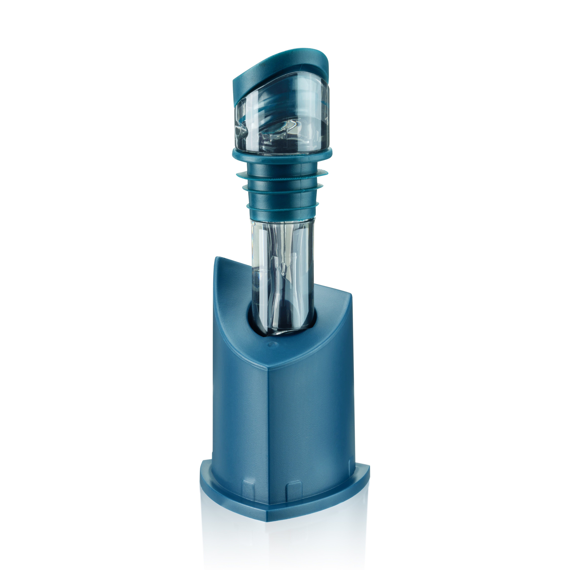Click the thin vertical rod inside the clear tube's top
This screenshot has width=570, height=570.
click(x=283, y=236)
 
